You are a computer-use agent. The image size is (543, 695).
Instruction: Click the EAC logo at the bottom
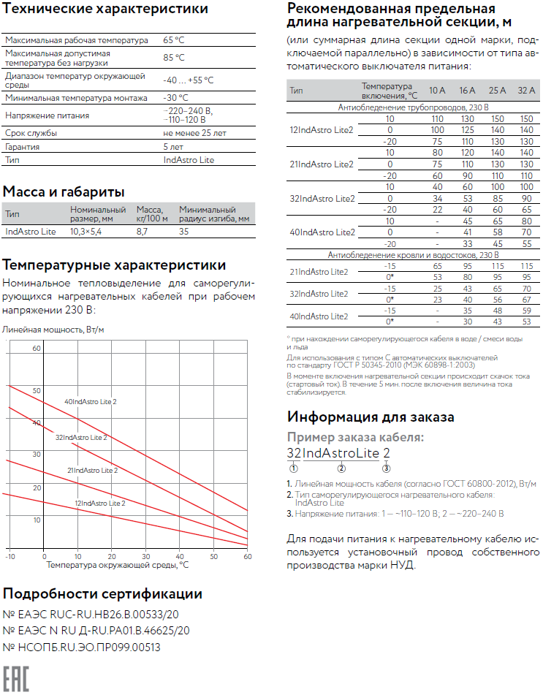[x=16, y=678]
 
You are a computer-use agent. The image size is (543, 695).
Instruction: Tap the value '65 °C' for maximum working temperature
[x=174, y=40]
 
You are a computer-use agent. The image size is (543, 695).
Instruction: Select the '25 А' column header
[x=497, y=91]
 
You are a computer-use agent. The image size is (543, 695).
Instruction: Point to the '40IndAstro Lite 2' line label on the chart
[x=91, y=402]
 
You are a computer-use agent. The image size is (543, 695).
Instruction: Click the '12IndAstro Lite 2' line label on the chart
[x=100, y=503]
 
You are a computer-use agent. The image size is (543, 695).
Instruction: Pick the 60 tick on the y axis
[x=36, y=349]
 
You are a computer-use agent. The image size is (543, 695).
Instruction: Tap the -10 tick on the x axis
[x=10, y=556]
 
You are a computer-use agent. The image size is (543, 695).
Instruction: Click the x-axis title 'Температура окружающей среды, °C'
[x=118, y=565]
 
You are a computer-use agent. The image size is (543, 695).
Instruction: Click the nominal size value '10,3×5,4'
[x=86, y=231]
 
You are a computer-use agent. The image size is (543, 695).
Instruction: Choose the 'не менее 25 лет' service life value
[x=194, y=133]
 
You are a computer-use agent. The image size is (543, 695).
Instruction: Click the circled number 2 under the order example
[x=341, y=468]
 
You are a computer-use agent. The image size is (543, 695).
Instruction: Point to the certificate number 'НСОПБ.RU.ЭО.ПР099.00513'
[x=82, y=647]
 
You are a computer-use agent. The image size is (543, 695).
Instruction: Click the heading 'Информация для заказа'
[x=371, y=417]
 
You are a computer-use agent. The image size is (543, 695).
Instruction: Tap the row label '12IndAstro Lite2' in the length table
[x=322, y=129]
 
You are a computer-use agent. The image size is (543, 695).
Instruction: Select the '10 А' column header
[x=437, y=91]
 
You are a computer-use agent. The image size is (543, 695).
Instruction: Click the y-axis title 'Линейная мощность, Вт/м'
[x=53, y=330]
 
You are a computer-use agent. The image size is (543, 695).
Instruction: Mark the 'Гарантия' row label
[x=23, y=146]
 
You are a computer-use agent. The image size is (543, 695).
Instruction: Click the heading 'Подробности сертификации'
[x=102, y=593]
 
